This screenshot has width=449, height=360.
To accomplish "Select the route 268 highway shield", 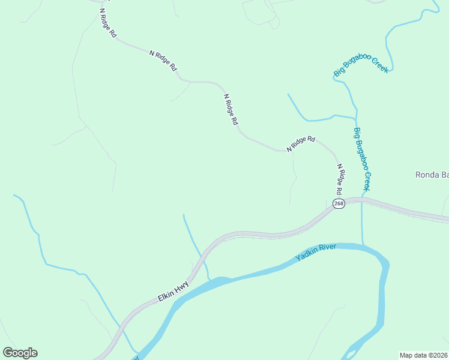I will click(x=339, y=204).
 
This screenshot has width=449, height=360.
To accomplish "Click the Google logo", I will click(x=20, y=353).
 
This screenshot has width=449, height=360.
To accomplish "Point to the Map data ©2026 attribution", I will click(x=424, y=355).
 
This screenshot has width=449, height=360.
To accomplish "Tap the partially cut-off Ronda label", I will click(x=432, y=175).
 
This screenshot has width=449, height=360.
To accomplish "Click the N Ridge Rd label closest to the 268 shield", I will click(x=340, y=179).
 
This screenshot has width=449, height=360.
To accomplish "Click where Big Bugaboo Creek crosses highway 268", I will click(x=362, y=200).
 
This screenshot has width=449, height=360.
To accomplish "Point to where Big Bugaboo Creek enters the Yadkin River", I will click(x=363, y=244).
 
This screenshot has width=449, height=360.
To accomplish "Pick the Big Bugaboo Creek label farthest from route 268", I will click(x=361, y=65).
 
